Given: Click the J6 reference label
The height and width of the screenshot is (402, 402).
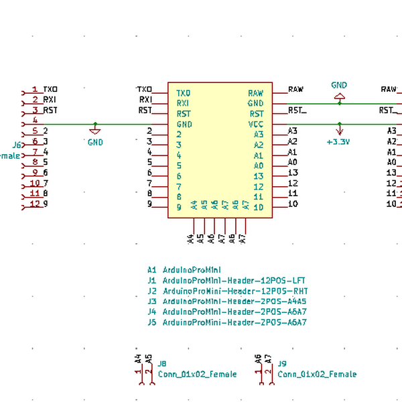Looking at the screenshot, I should click(x=18, y=145).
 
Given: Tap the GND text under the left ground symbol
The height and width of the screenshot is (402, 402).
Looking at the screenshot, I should click(x=95, y=142).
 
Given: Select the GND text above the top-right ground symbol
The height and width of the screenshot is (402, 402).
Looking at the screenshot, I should click(x=339, y=85).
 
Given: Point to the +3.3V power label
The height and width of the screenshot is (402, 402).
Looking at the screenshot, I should click(x=338, y=142).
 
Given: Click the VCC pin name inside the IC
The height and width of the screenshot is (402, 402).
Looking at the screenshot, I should click(x=256, y=124).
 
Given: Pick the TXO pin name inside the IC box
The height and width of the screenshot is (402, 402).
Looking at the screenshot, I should click(x=183, y=92).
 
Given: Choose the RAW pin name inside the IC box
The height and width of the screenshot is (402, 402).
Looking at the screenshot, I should click(x=255, y=92).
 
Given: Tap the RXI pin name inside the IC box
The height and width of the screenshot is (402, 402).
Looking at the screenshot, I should click(x=183, y=103).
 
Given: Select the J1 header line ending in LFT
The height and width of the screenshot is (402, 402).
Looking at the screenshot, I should click(x=226, y=281).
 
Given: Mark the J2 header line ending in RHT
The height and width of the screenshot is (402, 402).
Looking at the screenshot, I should click(x=227, y=291).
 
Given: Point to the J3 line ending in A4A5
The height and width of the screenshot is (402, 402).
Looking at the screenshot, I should click(x=227, y=301).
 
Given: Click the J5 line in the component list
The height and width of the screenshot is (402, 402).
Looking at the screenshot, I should click(x=227, y=322).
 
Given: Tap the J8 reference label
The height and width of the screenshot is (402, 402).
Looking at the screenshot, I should click(x=161, y=364).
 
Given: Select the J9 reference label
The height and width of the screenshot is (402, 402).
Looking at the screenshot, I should click(x=282, y=364).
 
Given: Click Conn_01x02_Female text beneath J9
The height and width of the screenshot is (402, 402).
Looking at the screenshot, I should click(x=317, y=375).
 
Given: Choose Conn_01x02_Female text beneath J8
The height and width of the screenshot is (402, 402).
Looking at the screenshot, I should click(x=197, y=375).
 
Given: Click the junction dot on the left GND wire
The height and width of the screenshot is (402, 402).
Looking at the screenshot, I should click(x=95, y=124).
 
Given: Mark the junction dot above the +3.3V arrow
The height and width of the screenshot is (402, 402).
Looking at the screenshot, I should click(x=339, y=124).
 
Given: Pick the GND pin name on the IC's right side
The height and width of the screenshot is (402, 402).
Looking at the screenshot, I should click(x=255, y=103).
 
